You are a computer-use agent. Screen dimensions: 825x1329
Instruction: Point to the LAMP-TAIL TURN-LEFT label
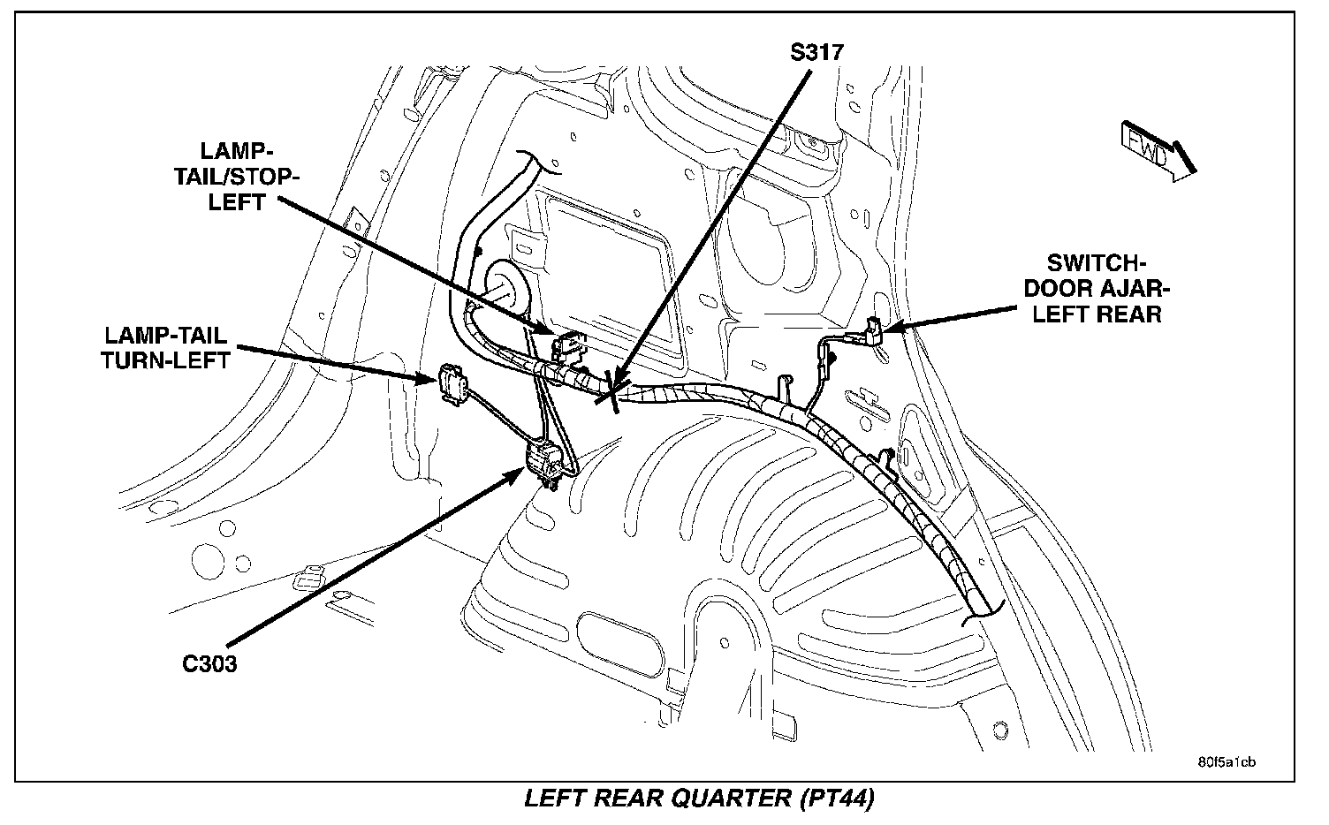point(167,347)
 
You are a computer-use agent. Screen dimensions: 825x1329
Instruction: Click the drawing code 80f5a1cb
point(1226,761)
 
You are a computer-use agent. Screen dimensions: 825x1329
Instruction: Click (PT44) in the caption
point(837,799)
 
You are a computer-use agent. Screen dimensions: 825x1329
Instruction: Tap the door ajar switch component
point(873,332)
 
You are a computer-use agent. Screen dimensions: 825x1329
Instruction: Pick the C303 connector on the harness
point(545,463)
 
